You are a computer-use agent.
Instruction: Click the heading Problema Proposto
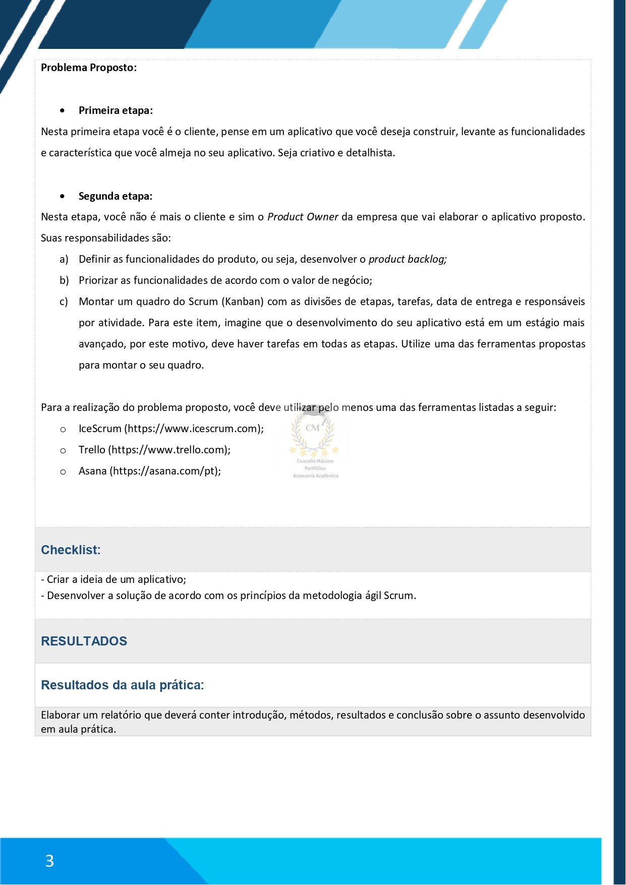click(x=88, y=68)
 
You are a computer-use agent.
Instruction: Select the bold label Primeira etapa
click(x=116, y=110)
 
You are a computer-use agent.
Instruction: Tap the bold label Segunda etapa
click(x=115, y=196)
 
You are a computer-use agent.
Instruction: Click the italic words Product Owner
click(x=303, y=217)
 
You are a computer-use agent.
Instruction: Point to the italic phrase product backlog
click(x=408, y=259)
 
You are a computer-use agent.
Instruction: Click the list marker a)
click(x=64, y=259)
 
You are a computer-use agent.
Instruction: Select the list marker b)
click(x=64, y=280)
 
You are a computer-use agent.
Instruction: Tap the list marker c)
click(x=64, y=302)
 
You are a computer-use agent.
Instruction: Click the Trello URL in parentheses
click(x=169, y=450)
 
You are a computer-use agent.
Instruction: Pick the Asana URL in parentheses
click(x=165, y=471)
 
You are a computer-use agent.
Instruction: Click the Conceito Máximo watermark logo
click(x=314, y=439)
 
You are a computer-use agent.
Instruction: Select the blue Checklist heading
click(x=71, y=550)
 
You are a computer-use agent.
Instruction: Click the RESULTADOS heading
click(x=84, y=641)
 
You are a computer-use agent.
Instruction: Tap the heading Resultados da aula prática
click(x=122, y=685)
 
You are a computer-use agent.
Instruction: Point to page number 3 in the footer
click(x=49, y=861)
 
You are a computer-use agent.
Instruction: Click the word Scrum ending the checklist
click(x=399, y=596)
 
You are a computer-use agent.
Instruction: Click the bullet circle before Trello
click(x=63, y=450)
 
